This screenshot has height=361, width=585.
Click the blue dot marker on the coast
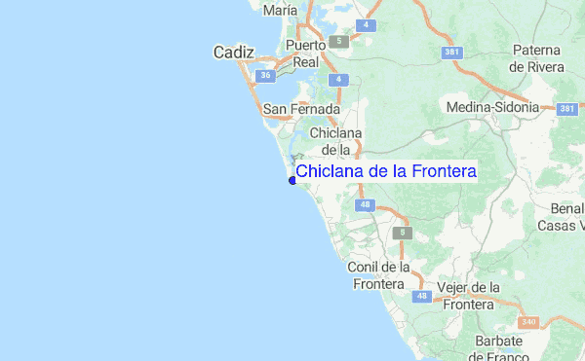pyautogui.click(x=292, y=180)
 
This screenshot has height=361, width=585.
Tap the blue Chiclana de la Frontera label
pyautogui.click(x=385, y=171)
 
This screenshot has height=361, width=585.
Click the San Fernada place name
pyautogui.click(x=301, y=110)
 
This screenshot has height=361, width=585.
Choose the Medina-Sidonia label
pyautogui.click(x=492, y=107)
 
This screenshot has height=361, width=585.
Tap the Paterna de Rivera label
pyautogui.click(x=535, y=58)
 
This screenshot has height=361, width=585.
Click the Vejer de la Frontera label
pyautogui.click(x=469, y=296)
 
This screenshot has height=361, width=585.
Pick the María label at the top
pyautogui.click(x=280, y=9)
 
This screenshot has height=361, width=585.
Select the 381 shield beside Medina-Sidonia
pyautogui.click(x=567, y=109)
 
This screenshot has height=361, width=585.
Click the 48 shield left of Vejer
pyautogui.click(x=421, y=296)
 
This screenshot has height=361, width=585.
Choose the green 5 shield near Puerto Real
pyautogui.click(x=338, y=42)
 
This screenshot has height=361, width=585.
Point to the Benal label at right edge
pyautogui.click(x=565, y=208)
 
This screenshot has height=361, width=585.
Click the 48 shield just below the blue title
pyautogui.click(x=365, y=204)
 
